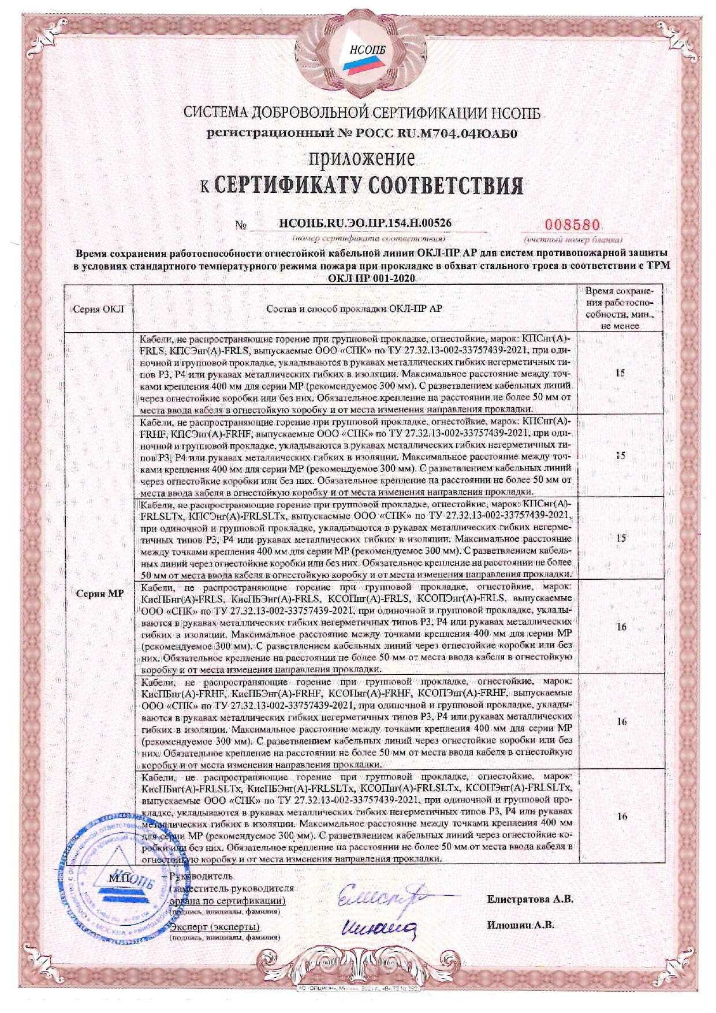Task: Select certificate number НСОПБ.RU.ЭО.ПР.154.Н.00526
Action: point(365,222)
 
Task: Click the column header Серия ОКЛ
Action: point(99,309)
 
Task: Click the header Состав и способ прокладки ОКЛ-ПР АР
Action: point(354,309)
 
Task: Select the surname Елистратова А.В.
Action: point(529,899)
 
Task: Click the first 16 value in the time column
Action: point(621,627)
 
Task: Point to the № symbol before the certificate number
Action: point(241,225)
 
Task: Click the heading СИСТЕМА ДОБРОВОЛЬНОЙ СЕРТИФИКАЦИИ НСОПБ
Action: point(362,113)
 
